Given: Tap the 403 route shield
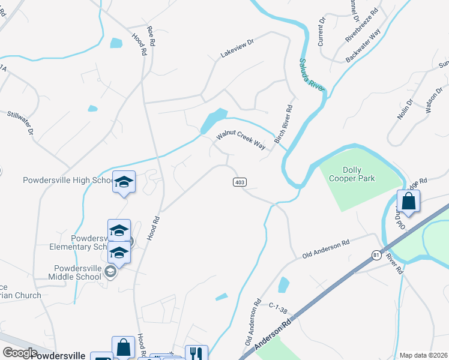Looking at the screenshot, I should [239, 182].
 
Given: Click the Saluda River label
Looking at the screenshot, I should [312, 74].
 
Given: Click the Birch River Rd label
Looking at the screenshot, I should [283, 124].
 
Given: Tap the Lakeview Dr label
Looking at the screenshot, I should [238, 49].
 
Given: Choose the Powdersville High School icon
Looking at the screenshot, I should [124, 182].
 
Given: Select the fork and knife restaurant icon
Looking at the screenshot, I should [196, 353].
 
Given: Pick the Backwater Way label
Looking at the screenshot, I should [363, 46].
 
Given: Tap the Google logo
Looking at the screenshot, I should [20, 352].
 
